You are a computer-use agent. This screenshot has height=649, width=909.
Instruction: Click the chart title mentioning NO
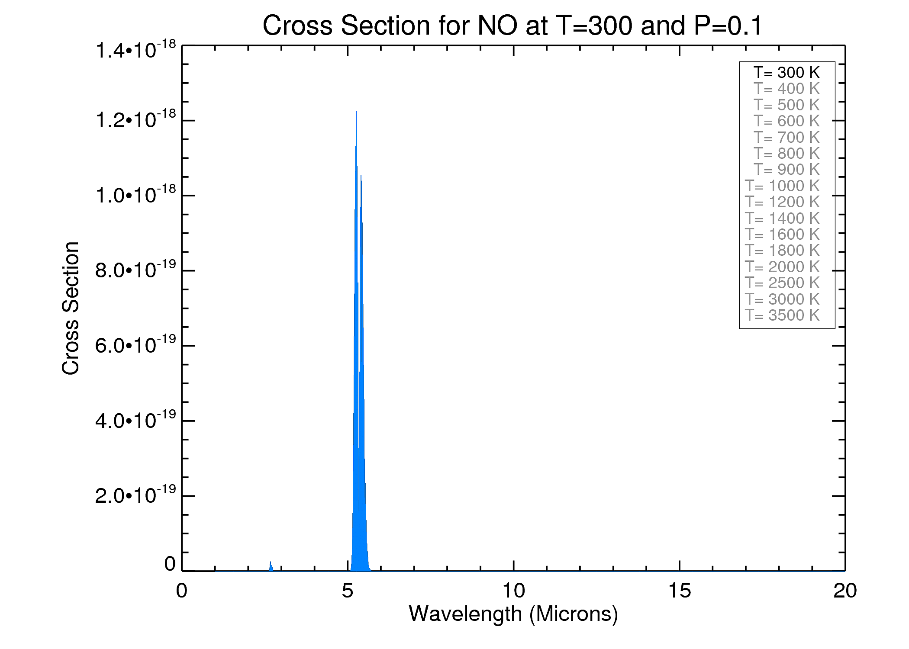point(512,26)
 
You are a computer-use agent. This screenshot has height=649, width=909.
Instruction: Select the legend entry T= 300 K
point(787,72)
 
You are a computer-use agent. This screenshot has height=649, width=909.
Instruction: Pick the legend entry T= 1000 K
point(782,186)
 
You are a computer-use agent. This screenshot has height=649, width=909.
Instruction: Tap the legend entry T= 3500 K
point(782,315)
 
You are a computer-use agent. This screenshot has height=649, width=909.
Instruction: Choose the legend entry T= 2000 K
point(782,267)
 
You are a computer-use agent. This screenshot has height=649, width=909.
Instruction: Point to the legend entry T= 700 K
point(787,138)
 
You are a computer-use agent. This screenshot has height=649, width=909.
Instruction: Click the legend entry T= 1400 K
point(782,218)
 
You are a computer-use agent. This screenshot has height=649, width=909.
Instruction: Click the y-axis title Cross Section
point(71,308)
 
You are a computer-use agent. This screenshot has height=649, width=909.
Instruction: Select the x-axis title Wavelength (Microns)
point(513,614)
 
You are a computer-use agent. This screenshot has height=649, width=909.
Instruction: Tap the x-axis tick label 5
point(348,591)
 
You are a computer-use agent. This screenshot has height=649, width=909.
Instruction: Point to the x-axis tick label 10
point(513,591)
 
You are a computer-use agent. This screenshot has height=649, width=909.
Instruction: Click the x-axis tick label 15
point(680,591)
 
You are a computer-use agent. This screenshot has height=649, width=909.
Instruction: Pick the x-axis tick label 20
point(845,591)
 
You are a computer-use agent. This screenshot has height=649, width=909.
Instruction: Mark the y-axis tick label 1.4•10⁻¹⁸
point(135,50)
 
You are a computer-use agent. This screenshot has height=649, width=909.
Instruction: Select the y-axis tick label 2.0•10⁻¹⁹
point(135,495)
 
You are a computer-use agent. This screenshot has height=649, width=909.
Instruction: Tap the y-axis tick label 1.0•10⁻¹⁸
point(135,195)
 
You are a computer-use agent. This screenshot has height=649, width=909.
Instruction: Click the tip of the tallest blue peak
point(356,112)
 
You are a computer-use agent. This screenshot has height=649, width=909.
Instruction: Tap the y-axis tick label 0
point(170,564)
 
